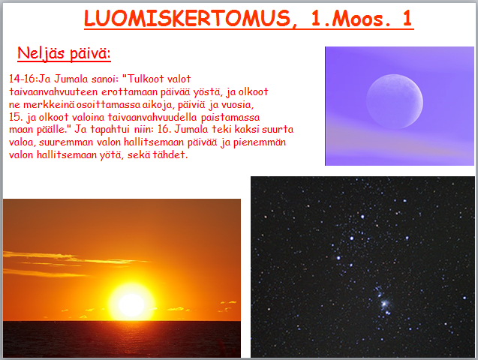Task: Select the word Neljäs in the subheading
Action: point(41,53)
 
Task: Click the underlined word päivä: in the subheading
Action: point(90,53)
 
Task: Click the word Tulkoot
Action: point(146,79)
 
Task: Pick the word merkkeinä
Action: point(49,104)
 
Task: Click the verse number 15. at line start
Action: point(16,117)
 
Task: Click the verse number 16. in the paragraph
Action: point(164,129)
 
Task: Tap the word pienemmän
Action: point(260,142)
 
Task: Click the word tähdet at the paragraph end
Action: point(170,154)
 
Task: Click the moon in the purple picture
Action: point(395,101)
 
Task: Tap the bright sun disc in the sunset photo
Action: point(131,304)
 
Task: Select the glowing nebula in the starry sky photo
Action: point(384,303)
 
